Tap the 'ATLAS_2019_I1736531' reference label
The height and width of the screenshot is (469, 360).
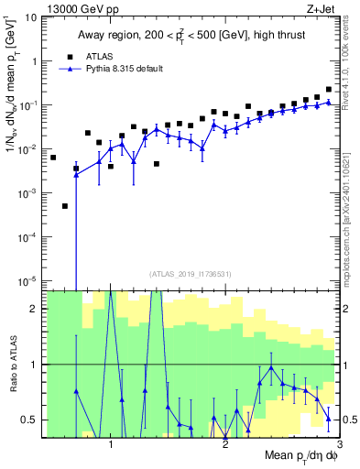tap(191, 273)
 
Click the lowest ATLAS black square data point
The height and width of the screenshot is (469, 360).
tap(65, 206)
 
